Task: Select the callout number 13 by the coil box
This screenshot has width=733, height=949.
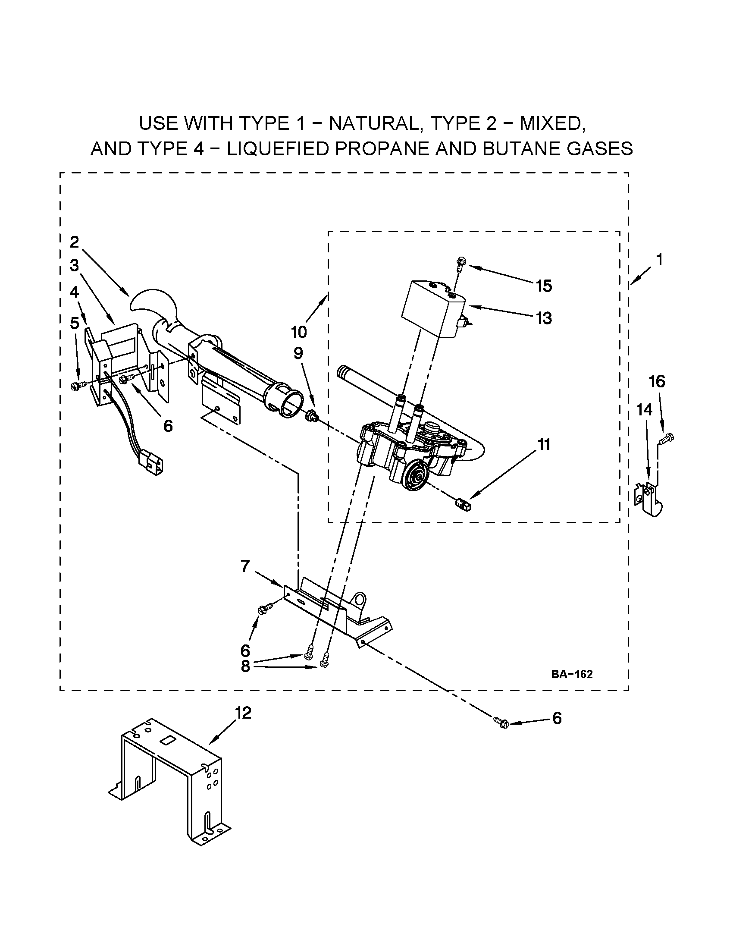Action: pos(544,318)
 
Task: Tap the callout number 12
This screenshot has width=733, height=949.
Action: pos(243,713)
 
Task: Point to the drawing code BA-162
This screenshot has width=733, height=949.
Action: pos(572,674)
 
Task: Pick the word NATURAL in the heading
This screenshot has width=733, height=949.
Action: pos(374,123)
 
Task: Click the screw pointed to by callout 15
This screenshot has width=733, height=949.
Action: pos(460,262)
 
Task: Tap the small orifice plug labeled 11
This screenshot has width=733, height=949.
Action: pos(464,504)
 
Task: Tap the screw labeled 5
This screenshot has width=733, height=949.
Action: pos(78,385)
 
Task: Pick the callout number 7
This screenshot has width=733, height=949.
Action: pos(245,567)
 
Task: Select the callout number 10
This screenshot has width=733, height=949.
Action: pos(299,332)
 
